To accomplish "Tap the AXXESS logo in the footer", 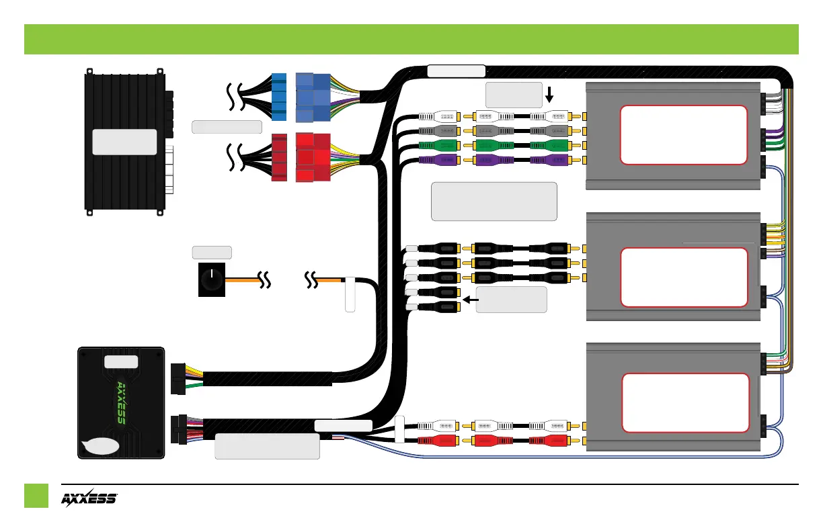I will coord(89,499).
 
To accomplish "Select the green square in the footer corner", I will coord(36,496).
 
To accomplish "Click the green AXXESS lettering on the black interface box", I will coord(121,402).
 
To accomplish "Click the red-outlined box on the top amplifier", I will coord(683,134).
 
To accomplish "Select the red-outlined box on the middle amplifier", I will coord(683,277).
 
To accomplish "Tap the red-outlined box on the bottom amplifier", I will coord(686,402).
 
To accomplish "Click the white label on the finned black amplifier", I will coord(124,142).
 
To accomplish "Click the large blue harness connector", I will coord(313,97).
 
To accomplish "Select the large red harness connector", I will coord(313,158).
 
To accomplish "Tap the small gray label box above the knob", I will coord(212,253).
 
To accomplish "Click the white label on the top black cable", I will coord(456,71).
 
